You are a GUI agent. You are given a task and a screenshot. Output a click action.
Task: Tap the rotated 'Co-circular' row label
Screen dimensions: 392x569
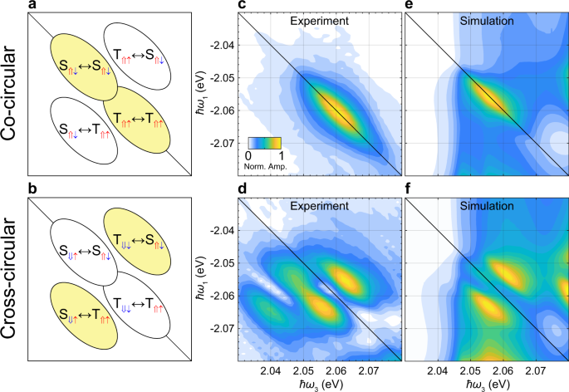tap(11, 98)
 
